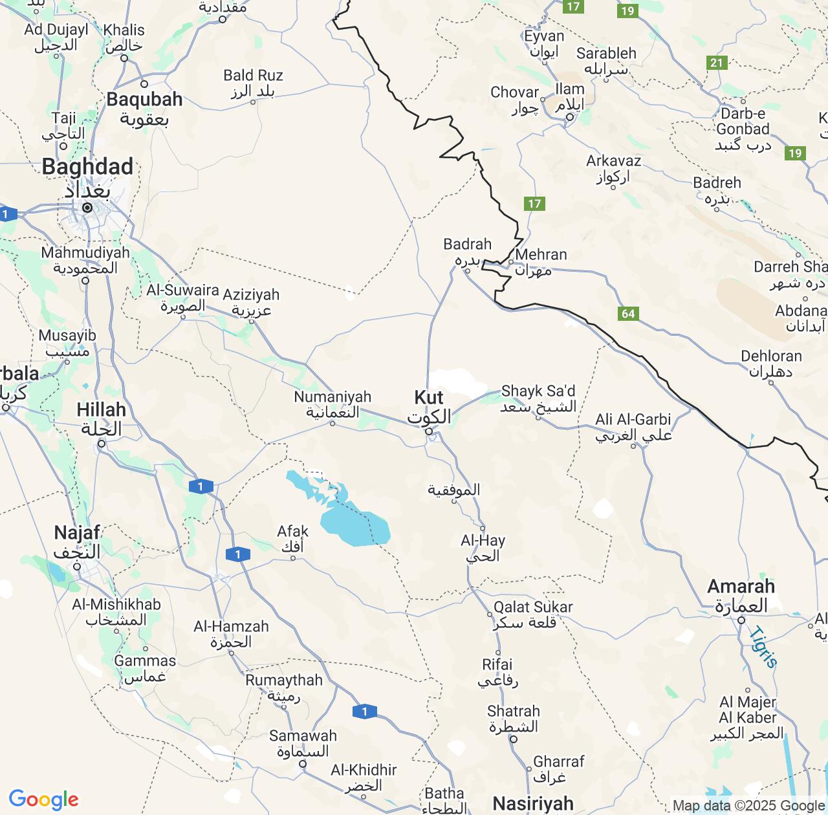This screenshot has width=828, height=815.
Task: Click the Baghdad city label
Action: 87,167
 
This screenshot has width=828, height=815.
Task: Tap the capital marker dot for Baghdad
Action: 87,208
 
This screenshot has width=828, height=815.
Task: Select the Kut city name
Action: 429,397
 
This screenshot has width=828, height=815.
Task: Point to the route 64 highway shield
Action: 628,314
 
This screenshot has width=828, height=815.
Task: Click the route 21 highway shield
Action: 717,63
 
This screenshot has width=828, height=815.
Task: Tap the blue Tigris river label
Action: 763,647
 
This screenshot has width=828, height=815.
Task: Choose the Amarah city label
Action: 741,587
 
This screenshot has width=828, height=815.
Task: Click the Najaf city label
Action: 77,533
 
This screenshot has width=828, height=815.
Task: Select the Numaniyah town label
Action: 332,397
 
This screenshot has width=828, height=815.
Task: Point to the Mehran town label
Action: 541,255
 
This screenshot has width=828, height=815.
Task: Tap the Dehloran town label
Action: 771,356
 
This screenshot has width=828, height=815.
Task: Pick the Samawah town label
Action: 303,735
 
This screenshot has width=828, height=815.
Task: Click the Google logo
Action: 43,799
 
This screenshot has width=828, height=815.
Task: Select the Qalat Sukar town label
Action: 533,607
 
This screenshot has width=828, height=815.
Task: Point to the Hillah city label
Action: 101,409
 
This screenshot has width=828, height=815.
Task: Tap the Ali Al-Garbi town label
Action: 633,419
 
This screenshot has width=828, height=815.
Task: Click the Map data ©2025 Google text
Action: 748,806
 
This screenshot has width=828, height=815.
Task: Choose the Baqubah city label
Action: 144,100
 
